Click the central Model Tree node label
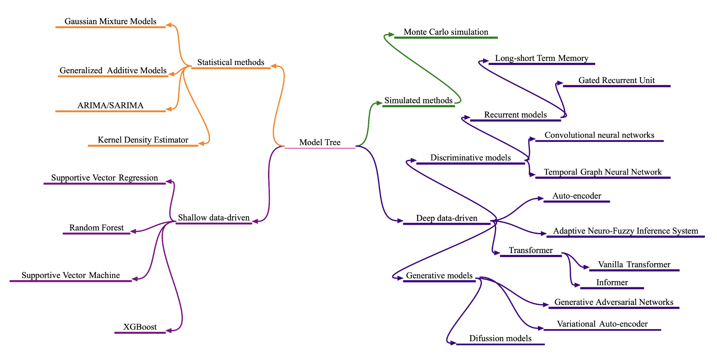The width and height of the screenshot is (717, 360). click(319, 142)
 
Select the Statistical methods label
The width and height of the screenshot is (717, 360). click(231, 62)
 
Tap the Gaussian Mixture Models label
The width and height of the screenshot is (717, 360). click(110, 21)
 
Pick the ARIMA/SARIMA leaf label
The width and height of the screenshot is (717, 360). click(110, 105)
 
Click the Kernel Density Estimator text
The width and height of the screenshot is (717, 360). click(143, 140)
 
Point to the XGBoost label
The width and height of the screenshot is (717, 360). click(140, 327)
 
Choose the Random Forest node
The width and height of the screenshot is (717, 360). click(96, 228)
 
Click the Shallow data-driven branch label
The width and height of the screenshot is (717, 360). click(214, 218)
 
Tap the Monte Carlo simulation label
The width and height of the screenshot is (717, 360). click(446, 32)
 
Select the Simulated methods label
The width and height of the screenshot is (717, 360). click(418, 100)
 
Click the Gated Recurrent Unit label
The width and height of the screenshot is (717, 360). click(617, 80)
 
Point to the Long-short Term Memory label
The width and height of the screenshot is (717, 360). click(542, 58)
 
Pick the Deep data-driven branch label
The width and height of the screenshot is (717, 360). click(447, 218)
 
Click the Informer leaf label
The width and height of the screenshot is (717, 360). click(612, 283)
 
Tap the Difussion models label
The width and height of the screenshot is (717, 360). click(500, 338)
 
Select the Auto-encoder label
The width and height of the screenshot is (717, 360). click(576, 196)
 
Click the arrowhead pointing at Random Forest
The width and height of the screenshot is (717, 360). click(133, 231)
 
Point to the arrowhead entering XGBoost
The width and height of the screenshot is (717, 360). click(169, 331)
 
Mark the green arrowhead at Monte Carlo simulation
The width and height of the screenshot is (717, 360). click(391, 34)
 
